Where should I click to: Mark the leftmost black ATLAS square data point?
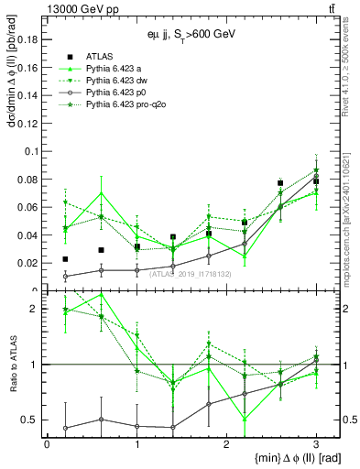[65, 259]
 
